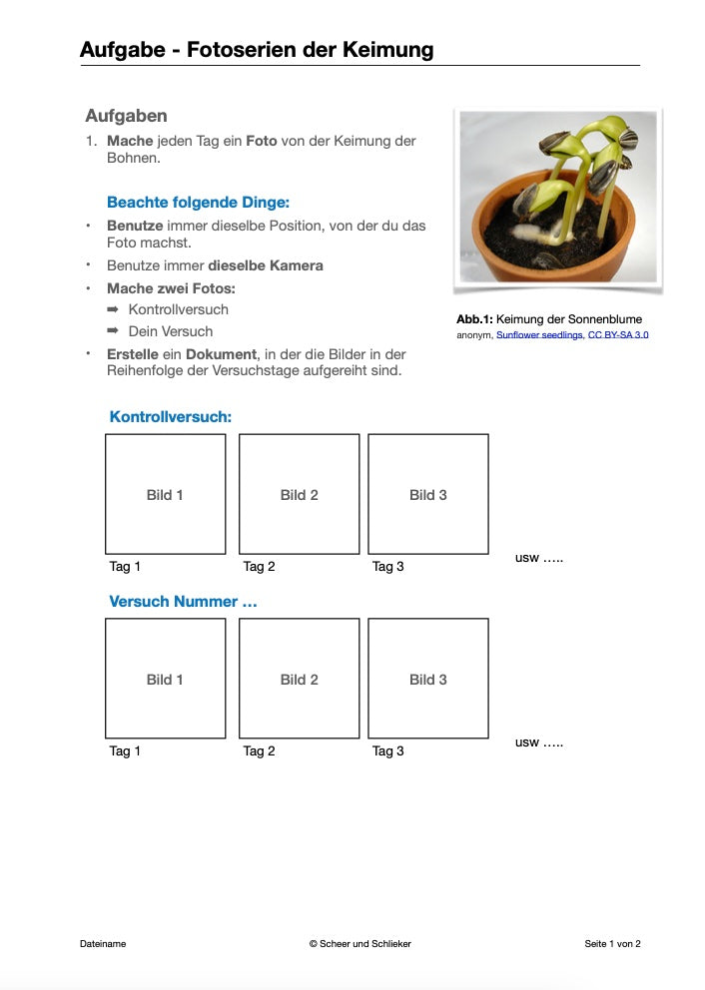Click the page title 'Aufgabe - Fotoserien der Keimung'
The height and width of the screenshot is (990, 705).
pos(257,49)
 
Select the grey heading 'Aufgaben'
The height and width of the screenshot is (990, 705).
pos(126,116)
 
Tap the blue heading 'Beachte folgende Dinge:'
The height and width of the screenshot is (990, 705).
pos(198,202)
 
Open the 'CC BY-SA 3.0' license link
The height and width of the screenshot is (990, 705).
pos(618,335)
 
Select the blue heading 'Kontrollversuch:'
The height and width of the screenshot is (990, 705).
pos(170,416)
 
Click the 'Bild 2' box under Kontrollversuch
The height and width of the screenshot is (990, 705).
pos(299,494)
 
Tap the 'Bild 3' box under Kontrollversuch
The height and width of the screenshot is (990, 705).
pos(428,494)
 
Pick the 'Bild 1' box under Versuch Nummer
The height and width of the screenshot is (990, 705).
pos(165,679)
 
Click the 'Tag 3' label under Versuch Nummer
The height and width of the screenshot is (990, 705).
pos(388,751)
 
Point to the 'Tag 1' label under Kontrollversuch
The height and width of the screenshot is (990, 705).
pos(125,567)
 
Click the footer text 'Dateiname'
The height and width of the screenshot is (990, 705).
pos(103,943)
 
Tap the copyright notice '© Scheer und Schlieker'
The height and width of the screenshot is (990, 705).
pos(359,943)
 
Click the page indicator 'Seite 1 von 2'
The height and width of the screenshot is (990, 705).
pos(612,943)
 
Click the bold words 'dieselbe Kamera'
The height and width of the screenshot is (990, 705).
pos(265,265)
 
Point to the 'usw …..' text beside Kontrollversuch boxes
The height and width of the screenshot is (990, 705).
pos(539,558)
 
